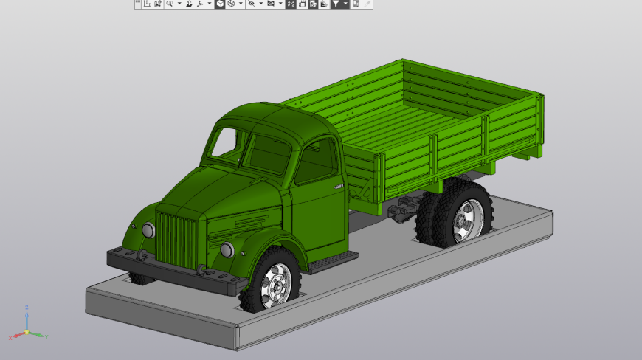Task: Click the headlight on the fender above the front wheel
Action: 227,249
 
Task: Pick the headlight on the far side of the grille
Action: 148,230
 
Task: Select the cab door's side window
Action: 317,161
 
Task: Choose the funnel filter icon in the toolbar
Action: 336,4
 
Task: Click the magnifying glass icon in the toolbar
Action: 170,4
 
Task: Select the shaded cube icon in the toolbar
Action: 220,4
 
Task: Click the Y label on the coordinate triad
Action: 46,336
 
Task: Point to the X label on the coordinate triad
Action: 10,337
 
